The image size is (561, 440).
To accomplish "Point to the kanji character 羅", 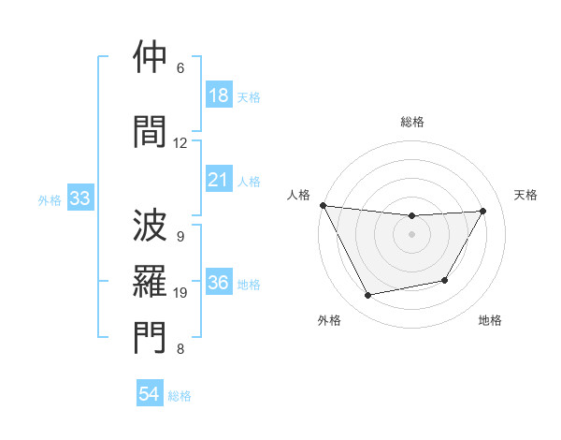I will point(150,281).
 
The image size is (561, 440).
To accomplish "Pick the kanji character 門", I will point(150,339).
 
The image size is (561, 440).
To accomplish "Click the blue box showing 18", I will point(218,95).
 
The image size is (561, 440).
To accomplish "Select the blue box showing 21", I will point(218,180).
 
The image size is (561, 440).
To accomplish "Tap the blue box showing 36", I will point(219,284).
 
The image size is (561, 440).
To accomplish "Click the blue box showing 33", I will point(79,198).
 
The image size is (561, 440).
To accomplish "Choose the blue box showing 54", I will point(150,394).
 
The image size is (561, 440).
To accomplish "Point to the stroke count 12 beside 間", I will point(180,142).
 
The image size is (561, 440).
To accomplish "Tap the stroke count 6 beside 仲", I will point(180,67).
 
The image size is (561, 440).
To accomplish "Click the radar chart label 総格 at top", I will point(412,122).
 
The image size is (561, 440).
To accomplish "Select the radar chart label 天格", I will point(526,195).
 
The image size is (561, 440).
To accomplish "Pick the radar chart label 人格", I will point(298,195).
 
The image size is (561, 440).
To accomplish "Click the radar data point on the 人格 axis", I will point(324,205).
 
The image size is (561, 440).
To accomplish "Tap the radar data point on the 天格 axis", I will point(483,211).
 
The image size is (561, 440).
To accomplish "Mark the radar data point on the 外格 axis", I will point(368,296).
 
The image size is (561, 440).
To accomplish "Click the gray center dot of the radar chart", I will point(412,234).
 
